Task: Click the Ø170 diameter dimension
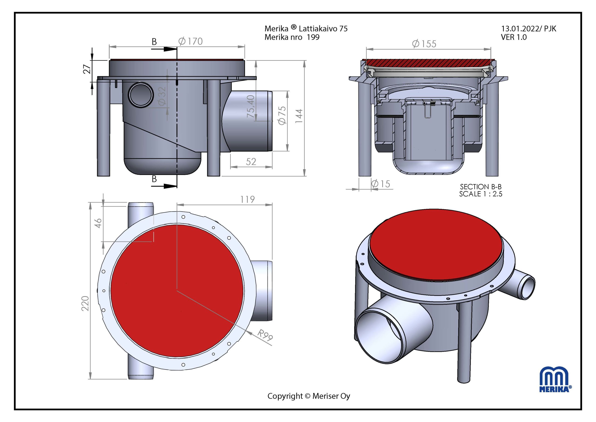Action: (x=190, y=41)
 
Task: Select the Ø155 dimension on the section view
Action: (x=424, y=44)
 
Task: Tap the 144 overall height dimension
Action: (x=299, y=116)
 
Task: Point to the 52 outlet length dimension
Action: (x=251, y=162)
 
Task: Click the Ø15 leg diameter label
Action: (x=380, y=184)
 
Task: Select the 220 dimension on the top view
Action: (x=85, y=303)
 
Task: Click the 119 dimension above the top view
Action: (x=247, y=199)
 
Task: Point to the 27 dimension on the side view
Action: (x=88, y=69)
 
